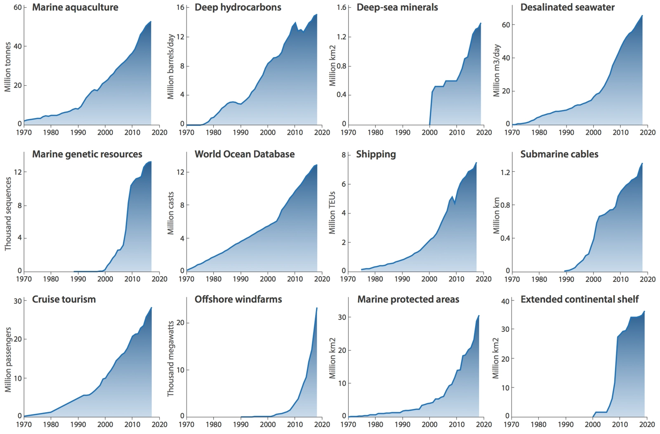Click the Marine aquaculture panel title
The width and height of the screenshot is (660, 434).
(75, 7)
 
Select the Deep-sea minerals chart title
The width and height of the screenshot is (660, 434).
(397, 7)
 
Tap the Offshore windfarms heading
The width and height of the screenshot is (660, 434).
(238, 299)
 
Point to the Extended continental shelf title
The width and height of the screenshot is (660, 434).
(580, 299)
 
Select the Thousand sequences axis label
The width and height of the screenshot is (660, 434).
(8, 213)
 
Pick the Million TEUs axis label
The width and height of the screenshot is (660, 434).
(332, 213)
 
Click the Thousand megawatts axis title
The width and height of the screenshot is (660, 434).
(170, 359)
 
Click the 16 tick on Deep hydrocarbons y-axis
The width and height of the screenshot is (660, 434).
(179, 8)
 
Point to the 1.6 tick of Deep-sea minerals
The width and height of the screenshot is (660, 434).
(342, 8)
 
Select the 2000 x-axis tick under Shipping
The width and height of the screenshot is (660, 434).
(429, 279)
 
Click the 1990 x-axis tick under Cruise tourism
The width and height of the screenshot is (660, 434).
(78, 425)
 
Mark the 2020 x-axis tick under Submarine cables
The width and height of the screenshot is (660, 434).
(648, 279)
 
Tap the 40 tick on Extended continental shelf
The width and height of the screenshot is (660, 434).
(505, 301)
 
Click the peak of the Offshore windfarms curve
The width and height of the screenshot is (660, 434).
(317, 308)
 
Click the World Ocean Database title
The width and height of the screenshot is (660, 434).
(245, 154)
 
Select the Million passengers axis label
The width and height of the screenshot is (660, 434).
(8, 360)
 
